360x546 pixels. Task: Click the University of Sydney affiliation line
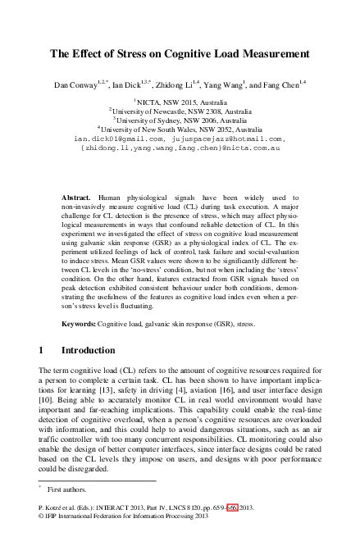coord(180,120)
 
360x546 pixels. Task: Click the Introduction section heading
coord(93,351)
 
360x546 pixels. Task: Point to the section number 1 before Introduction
coord(42,351)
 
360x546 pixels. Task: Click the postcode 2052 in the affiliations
coord(217,130)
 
